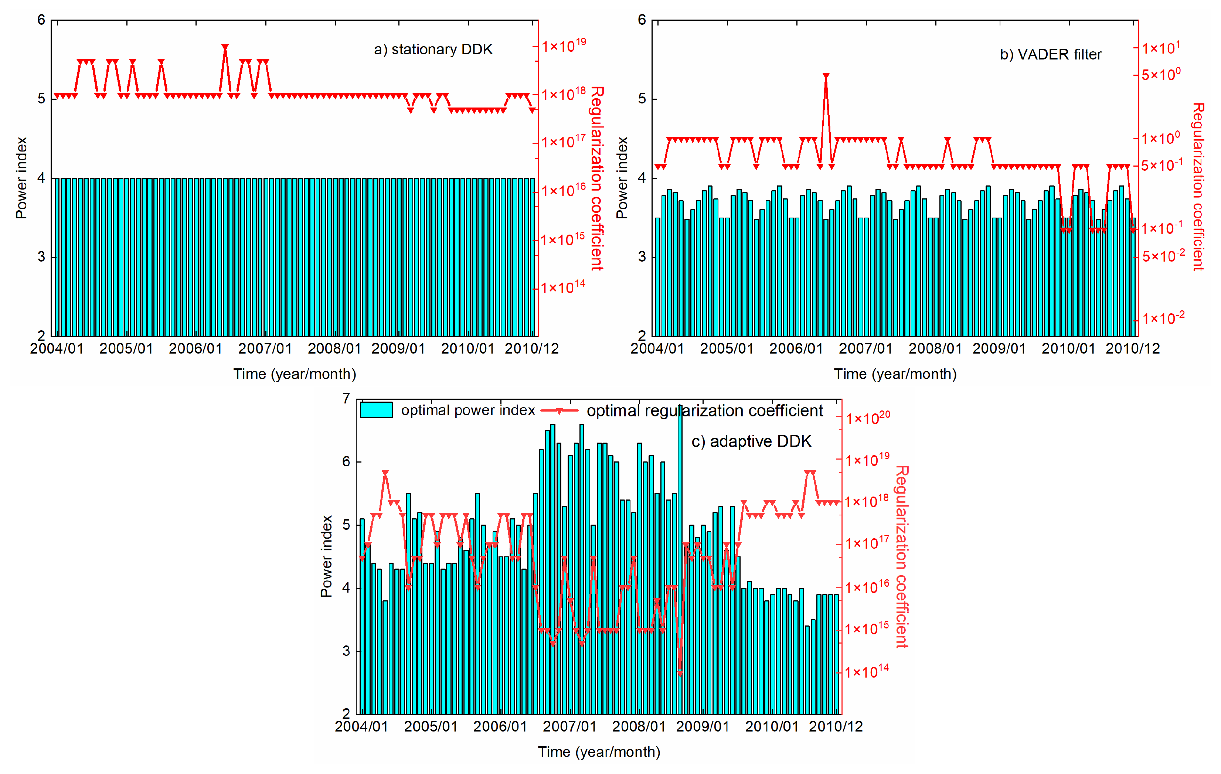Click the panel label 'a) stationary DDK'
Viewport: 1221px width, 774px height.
click(x=433, y=50)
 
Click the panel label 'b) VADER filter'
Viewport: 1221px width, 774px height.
click(x=1050, y=55)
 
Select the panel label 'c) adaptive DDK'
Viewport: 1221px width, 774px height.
click(x=751, y=441)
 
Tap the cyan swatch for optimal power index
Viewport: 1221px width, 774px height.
click(x=376, y=410)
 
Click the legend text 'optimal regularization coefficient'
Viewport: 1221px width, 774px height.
click(x=704, y=410)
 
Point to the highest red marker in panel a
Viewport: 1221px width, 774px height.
click(x=225, y=47)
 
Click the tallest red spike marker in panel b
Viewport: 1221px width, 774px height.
click(x=826, y=76)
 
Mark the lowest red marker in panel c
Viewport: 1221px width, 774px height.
click(x=680, y=673)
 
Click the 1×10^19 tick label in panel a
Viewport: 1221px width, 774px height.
click(x=563, y=45)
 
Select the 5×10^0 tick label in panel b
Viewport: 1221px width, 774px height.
click(x=1161, y=75)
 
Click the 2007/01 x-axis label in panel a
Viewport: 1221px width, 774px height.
click(x=265, y=349)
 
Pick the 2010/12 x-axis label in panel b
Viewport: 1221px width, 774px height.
click(x=1132, y=349)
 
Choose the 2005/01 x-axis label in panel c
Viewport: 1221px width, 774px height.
click(x=431, y=726)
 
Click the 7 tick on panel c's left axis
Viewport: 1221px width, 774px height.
click(x=346, y=399)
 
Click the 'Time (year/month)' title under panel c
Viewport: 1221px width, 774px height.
click(x=599, y=752)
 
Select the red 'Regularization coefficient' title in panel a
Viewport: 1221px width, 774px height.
click(x=597, y=178)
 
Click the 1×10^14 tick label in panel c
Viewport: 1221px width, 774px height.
click(x=867, y=672)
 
